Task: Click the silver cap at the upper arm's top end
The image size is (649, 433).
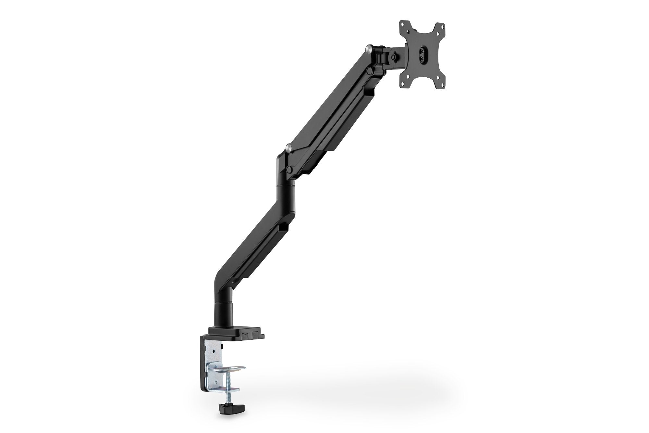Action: pyautogui.click(x=369, y=49)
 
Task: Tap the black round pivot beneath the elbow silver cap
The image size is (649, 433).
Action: pyautogui.click(x=288, y=169)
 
